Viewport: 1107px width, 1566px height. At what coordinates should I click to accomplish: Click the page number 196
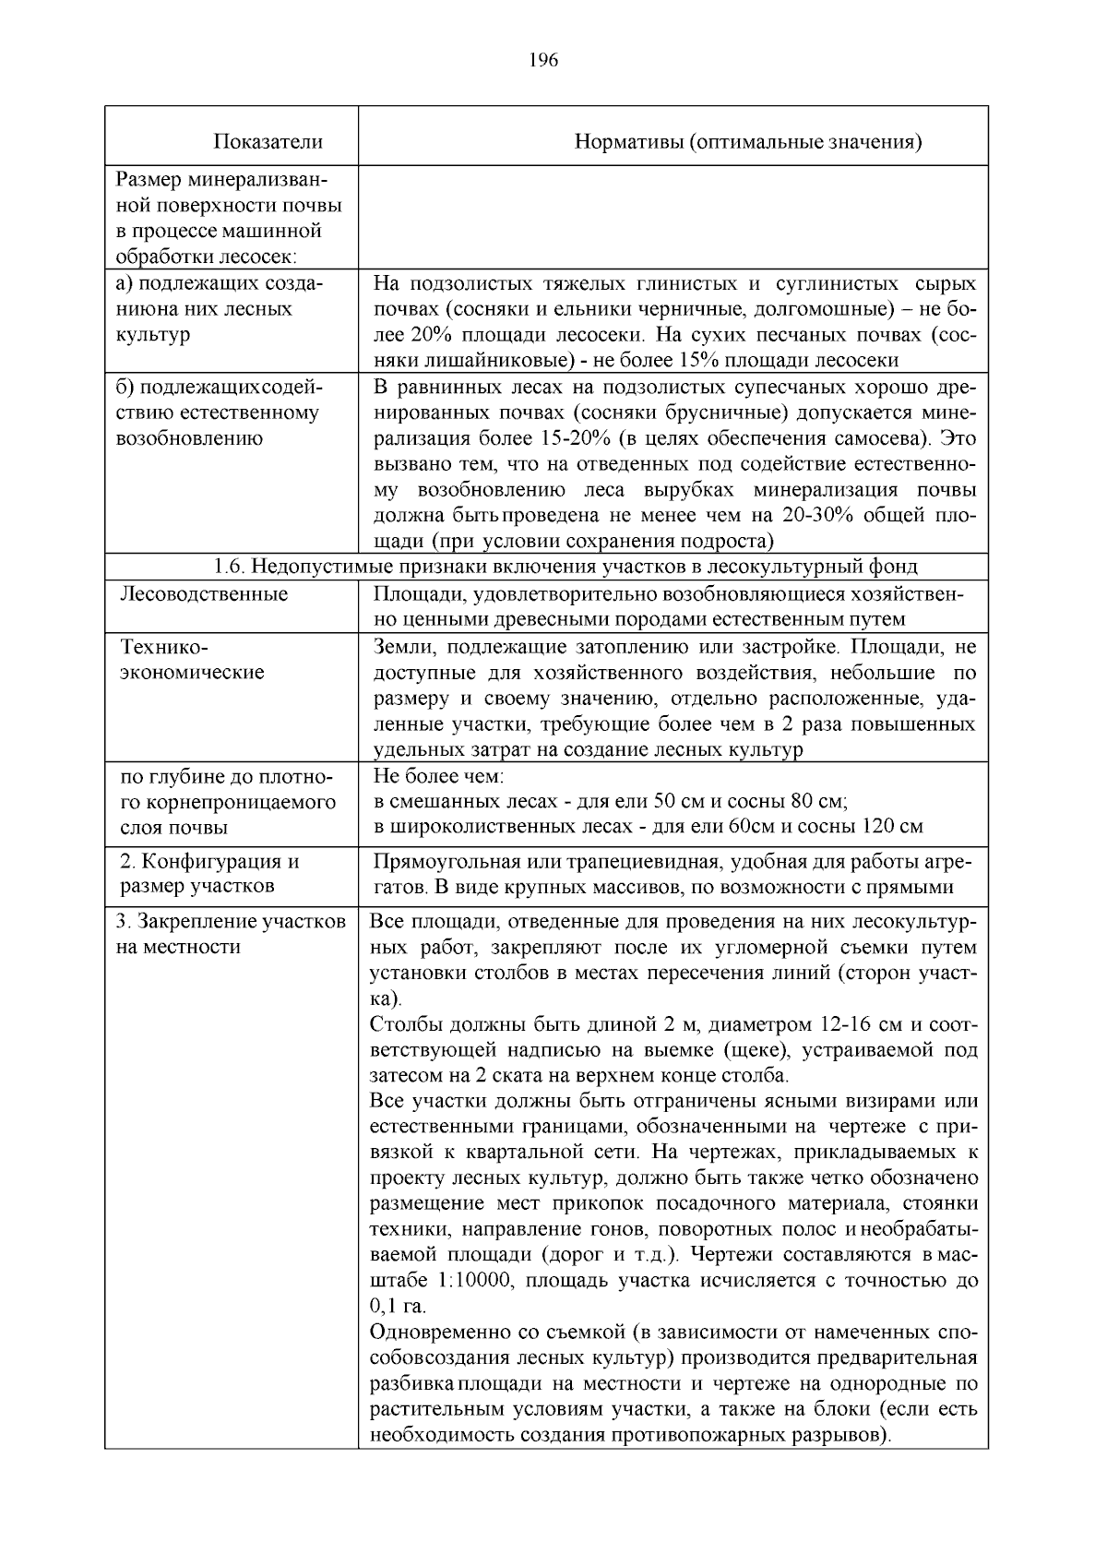click(x=544, y=61)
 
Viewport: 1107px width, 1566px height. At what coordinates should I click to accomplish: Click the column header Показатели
click(x=268, y=141)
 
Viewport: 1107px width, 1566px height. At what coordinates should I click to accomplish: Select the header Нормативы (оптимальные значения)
click(x=748, y=141)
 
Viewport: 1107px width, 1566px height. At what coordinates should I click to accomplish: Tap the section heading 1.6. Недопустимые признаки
click(x=565, y=566)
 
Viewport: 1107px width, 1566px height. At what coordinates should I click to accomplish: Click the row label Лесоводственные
click(x=204, y=593)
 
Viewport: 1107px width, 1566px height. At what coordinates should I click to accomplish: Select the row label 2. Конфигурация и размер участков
click(x=210, y=874)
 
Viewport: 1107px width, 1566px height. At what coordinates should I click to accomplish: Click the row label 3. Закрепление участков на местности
click(x=231, y=934)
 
